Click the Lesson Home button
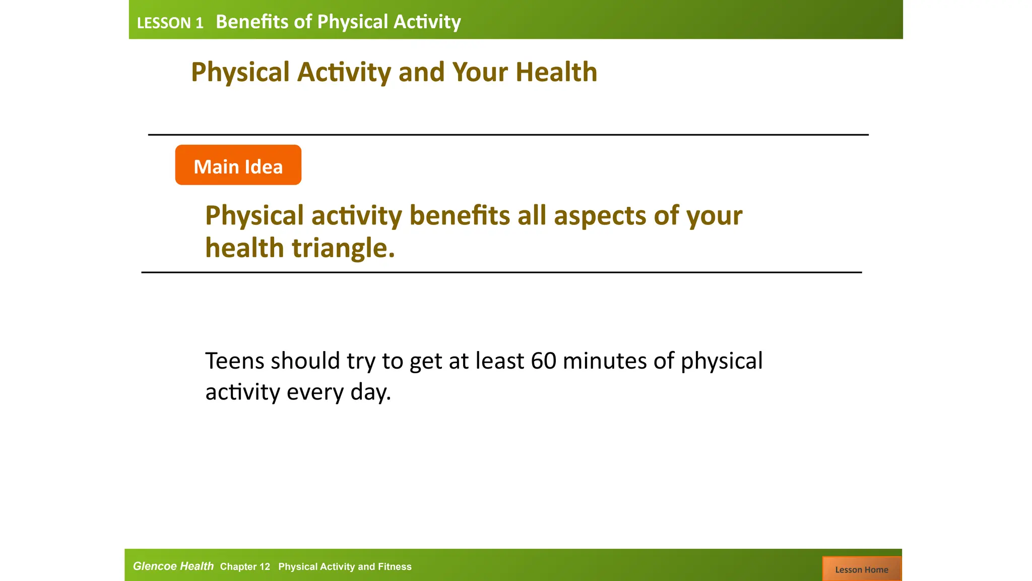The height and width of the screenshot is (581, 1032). click(x=862, y=569)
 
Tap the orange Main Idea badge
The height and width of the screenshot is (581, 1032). click(x=238, y=165)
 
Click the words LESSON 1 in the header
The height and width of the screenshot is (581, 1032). click(x=170, y=23)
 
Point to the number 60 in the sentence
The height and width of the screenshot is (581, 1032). click(x=543, y=361)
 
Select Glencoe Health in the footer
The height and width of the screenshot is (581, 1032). click(x=173, y=566)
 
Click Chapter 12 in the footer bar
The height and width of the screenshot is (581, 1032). click(x=245, y=567)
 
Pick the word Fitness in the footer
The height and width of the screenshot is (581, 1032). click(x=395, y=567)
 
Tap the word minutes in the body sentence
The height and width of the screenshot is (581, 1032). click(x=604, y=361)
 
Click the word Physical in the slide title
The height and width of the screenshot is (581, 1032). click(x=240, y=72)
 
